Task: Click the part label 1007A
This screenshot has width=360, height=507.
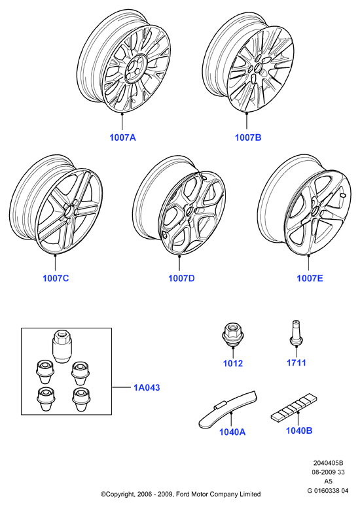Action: click(x=122, y=137)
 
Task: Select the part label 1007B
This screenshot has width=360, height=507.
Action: click(x=248, y=137)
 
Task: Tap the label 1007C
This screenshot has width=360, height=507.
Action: click(x=56, y=278)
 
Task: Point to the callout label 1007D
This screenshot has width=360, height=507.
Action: click(x=181, y=278)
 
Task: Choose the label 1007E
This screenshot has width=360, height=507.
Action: click(x=310, y=278)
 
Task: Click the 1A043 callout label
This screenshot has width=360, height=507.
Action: click(x=147, y=387)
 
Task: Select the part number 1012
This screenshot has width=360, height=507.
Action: click(x=233, y=364)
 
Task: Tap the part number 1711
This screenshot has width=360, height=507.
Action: click(x=297, y=363)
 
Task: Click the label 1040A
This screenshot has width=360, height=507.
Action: click(x=232, y=432)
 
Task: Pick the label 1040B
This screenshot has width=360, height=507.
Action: click(x=299, y=430)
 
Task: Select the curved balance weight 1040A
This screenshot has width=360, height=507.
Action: click(x=228, y=410)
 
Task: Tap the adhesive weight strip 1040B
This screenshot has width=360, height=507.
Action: click(x=294, y=408)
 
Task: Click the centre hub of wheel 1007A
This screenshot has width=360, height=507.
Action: click(x=133, y=69)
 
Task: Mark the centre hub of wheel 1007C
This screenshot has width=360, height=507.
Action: click(x=69, y=212)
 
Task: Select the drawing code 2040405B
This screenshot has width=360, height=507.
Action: click(x=328, y=463)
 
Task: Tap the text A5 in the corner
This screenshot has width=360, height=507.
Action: click(x=328, y=481)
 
